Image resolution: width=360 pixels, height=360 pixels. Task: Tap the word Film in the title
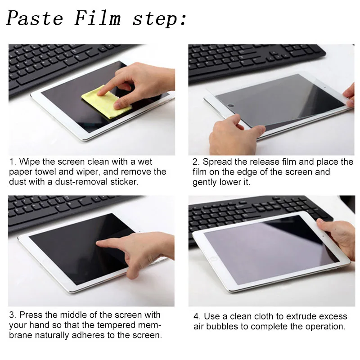pos(98,18)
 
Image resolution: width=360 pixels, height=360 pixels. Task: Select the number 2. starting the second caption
pos(196,162)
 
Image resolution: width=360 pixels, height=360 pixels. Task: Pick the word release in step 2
pos(275,162)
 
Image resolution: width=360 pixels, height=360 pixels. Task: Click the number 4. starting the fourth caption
pos(197,317)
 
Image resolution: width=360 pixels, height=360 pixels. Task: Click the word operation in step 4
pos(326,327)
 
